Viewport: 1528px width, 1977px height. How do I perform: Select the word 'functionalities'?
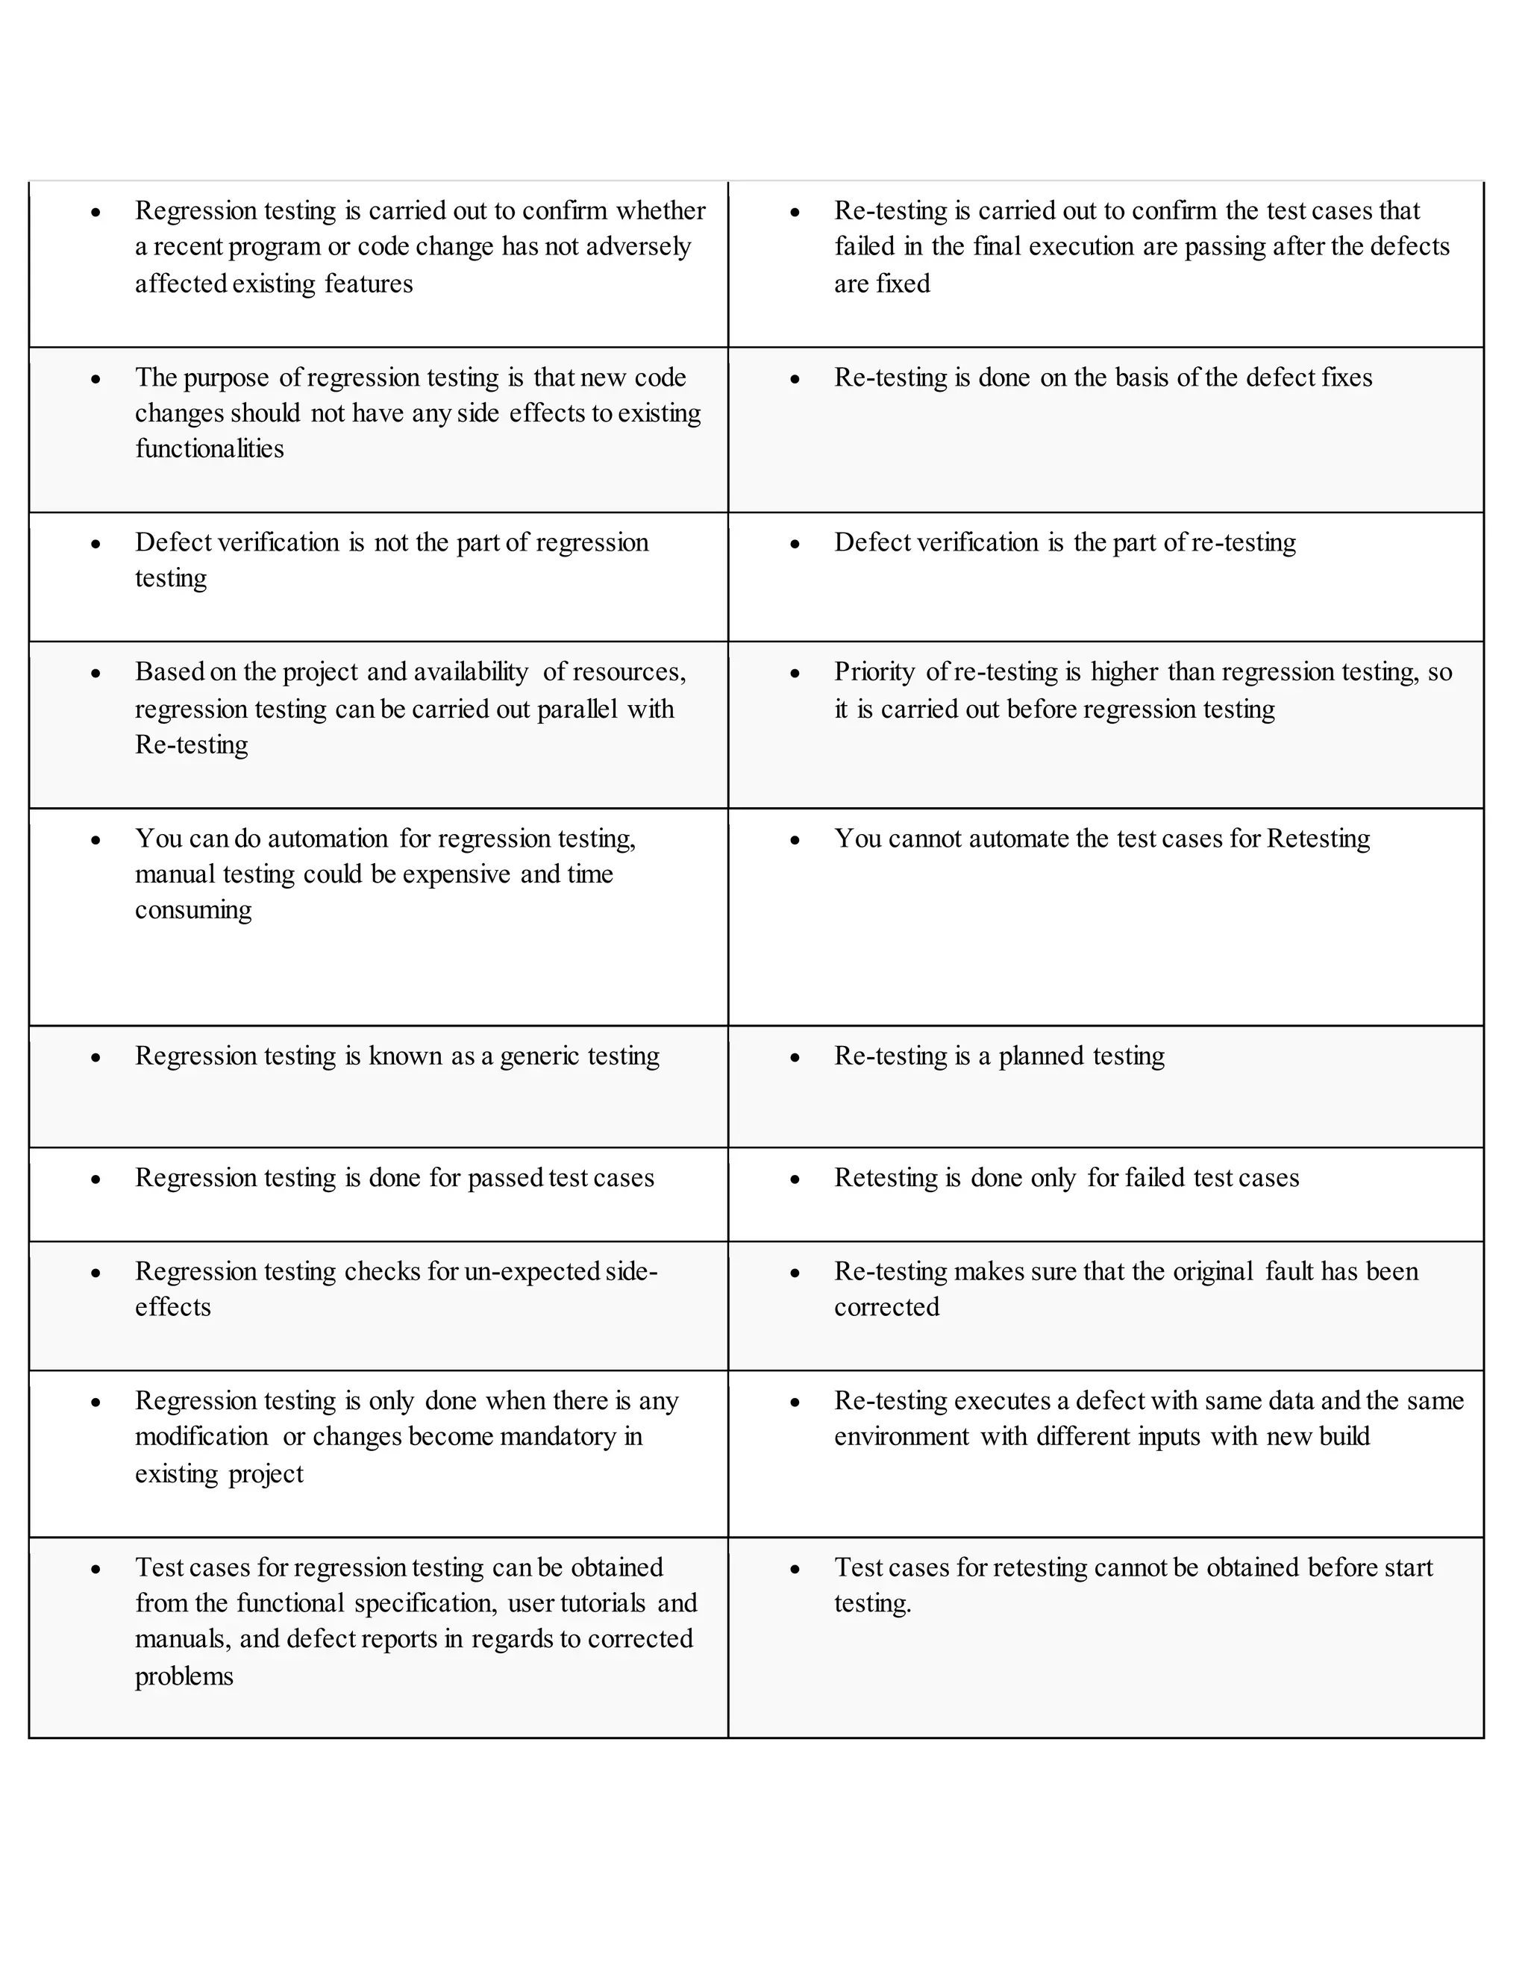(209, 449)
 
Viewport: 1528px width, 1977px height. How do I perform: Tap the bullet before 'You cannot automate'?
(795, 840)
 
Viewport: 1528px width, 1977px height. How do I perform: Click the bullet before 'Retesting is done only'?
(795, 1179)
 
